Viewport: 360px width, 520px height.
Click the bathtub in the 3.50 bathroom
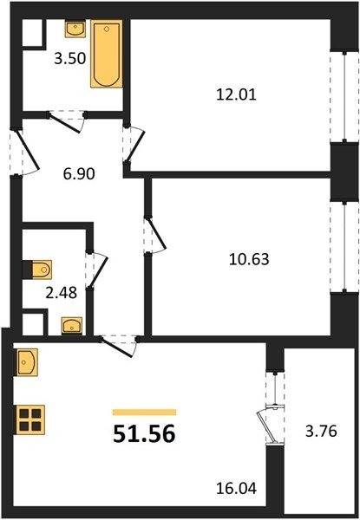coord(107,54)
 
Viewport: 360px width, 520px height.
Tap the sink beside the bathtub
coord(75,29)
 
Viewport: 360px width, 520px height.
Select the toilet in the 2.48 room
coord(38,270)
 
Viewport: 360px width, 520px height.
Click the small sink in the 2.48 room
coord(72,326)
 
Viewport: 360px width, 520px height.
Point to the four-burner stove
coord(29,419)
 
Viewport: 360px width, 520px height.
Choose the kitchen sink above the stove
coord(26,362)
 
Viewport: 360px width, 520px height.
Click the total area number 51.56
coord(144,434)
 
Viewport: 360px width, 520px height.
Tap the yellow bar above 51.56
coord(144,413)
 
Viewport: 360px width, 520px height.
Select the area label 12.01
coord(236,95)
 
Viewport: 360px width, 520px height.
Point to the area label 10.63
coord(249,259)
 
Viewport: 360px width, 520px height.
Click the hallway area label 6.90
coord(79,174)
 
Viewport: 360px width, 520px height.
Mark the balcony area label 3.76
coord(321,432)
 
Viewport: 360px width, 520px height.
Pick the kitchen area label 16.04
coord(236,489)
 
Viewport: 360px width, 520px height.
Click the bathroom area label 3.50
coord(70,59)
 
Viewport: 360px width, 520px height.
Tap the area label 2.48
coord(62,293)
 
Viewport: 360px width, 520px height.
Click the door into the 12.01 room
coord(134,145)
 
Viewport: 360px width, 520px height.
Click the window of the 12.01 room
coord(344,96)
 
